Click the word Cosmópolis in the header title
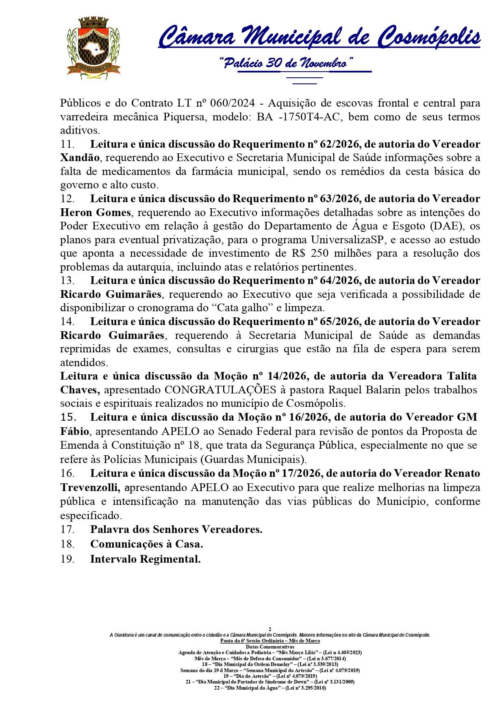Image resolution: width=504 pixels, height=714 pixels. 429,37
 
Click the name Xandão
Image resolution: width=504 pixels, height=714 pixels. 80,158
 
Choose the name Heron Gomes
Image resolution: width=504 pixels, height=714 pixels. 96,212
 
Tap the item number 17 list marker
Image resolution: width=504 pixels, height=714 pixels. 67,529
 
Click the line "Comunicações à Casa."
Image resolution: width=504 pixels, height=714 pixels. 146,544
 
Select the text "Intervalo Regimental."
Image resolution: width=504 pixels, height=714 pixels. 145,559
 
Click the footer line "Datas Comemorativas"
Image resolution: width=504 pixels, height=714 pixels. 270,646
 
